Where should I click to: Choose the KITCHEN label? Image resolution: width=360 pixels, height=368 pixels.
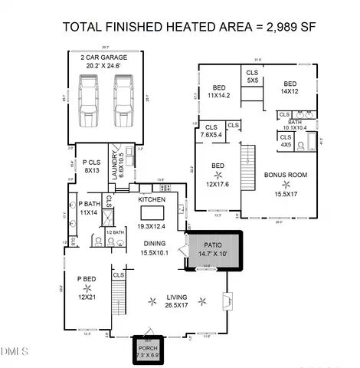coord(152,199)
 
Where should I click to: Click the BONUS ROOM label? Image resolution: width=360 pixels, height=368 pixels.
coord(285,175)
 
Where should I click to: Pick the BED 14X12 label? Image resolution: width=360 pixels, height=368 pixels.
coord(290,87)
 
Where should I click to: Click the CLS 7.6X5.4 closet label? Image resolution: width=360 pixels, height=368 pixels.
coord(211,132)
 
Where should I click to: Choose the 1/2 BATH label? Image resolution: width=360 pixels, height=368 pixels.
coord(113,232)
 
